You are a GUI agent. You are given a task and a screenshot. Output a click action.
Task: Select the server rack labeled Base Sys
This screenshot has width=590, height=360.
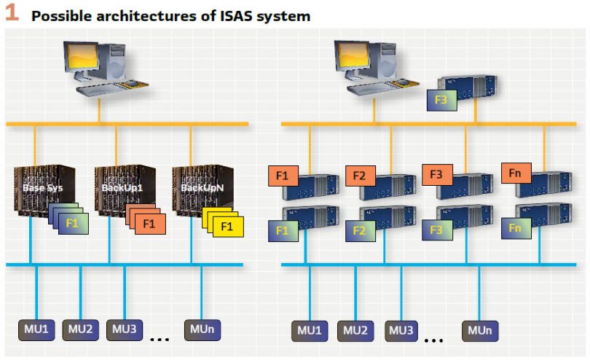click(x=39, y=191)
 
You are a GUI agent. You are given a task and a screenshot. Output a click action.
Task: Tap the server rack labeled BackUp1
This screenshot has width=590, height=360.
click(x=119, y=191)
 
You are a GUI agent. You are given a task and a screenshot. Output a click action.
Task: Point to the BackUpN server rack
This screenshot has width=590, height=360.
click(x=197, y=191)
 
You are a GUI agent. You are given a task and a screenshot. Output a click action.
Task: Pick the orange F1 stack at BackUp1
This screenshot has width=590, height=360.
click(x=147, y=222)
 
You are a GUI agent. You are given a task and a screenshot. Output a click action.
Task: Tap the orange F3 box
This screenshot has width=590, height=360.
click(x=438, y=175)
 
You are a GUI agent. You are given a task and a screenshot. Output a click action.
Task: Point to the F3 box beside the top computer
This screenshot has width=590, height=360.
click(x=441, y=99)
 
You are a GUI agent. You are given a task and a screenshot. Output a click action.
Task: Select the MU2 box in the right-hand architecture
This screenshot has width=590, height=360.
click(x=355, y=331)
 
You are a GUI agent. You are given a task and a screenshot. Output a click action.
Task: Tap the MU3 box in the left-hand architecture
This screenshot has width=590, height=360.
click(x=125, y=329)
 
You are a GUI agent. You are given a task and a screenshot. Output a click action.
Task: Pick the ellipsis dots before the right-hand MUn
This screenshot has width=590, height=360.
click(x=434, y=339)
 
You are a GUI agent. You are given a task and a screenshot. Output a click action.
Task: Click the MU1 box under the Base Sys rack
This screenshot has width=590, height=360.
click(x=36, y=329)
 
